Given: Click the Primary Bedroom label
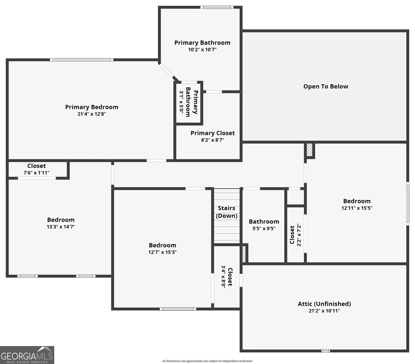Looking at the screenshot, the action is click(91, 107).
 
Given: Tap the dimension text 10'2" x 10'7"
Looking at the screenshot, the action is click(202, 49).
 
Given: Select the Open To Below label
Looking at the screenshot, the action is click(326, 86).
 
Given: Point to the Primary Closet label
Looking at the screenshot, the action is click(213, 133).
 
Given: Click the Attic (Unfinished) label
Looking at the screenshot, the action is click(324, 304).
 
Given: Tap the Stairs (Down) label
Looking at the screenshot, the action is click(227, 212).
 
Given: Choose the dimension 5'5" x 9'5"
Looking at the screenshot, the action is click(264, 228).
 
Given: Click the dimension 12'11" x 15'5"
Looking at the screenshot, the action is click(357, 208).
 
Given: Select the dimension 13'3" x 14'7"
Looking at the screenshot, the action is click(61, 227).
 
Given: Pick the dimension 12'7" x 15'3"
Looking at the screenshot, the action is click(163, 252).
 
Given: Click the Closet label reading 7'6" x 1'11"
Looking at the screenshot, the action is click(36, 166).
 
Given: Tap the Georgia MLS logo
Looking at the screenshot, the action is click(27, 355).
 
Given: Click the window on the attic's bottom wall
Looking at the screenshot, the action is click(325, 351).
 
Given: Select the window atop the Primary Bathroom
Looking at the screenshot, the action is click(217, 7).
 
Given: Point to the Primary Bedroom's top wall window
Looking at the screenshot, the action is click(81, 60).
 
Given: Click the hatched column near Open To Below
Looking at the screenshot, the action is click(309, 150).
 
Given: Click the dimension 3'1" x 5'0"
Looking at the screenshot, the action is click(181, 102).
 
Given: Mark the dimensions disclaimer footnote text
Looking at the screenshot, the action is click(207, 361).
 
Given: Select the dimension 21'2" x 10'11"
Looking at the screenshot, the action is click(324, 311).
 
